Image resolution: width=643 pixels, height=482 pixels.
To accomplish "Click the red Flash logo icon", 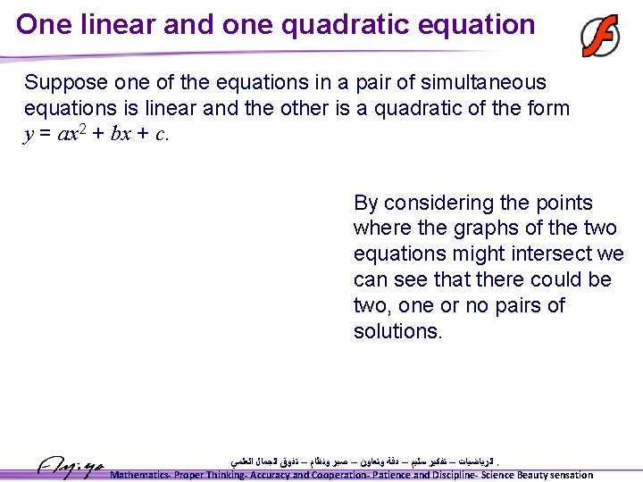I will [600, 37].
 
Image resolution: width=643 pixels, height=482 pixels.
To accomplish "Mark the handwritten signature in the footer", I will [71, 465].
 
